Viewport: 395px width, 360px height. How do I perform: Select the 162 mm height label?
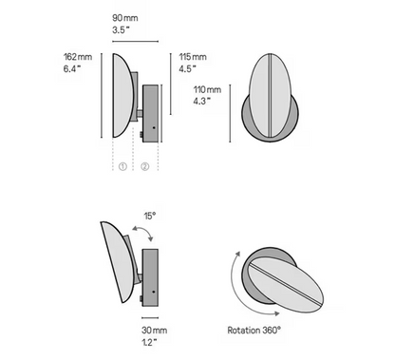pos(78,57)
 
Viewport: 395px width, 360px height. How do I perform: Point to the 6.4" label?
pos(73,70)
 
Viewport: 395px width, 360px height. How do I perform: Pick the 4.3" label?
pos(202,101)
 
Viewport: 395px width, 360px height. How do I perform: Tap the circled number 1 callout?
pos(122,165)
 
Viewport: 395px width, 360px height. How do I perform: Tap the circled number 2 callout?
pos(145,165)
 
